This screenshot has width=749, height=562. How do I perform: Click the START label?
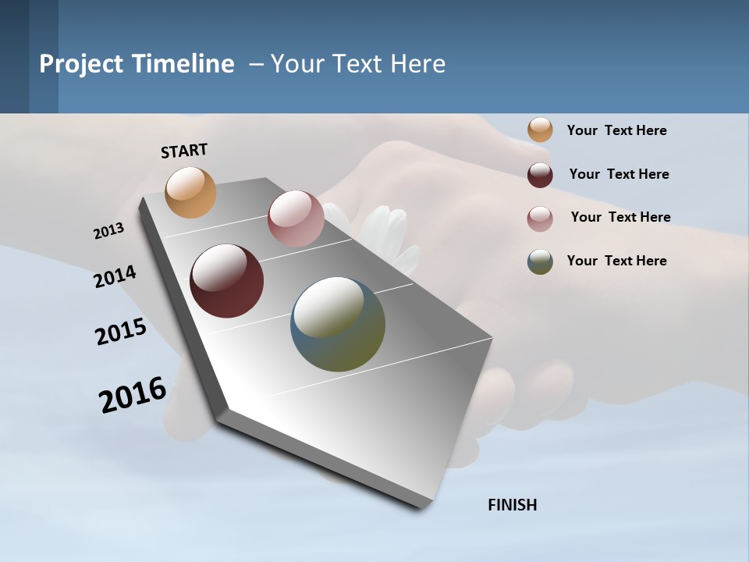[x=184, y=151]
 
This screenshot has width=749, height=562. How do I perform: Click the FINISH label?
[x=513, y=505]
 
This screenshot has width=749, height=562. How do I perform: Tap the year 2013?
[x=108, y=231]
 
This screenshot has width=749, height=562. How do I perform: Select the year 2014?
[x=115, y=277]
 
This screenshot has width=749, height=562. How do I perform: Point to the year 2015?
[x=121, y=332]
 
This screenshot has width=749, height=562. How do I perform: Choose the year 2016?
[x=133, y=395]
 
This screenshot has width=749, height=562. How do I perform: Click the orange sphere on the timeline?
[x=191, y=193]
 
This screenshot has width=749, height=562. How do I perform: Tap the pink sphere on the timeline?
[x=296, y=219]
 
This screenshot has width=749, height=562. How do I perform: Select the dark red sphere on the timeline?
[x=227, y=281]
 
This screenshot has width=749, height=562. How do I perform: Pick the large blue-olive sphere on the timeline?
[x=338, y=324]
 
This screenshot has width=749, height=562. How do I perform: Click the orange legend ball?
[x=540, y=130]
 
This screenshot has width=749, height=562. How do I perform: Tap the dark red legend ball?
[x=540, y=175]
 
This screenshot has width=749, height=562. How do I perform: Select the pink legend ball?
[x=540, y=219]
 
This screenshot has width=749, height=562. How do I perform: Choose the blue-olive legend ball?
[x=540, y=261]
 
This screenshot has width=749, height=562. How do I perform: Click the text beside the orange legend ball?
[x=616, y=130]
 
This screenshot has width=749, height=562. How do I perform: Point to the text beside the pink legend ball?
[x=620, y=217]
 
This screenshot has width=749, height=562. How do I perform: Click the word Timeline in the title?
[x=183, y=64]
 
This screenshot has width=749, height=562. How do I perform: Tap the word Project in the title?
[x=81, y=64]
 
